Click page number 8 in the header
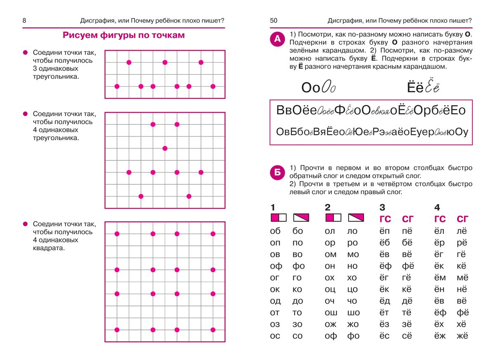point(24,21)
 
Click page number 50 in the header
point(274,21)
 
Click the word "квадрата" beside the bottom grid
point(49,248)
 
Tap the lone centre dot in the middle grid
point(165,148)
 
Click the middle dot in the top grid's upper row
point(165,62)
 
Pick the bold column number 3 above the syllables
point(382,207)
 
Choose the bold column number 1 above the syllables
point(273,207)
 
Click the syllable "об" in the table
point(275,231)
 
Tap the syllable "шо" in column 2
point(354,313)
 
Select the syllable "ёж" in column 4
point(440,336)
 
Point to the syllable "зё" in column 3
point(407,324)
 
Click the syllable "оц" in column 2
point(330,289)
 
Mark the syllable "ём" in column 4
point(440,278)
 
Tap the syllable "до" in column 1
point(297,301)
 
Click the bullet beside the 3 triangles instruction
point(25,53)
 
